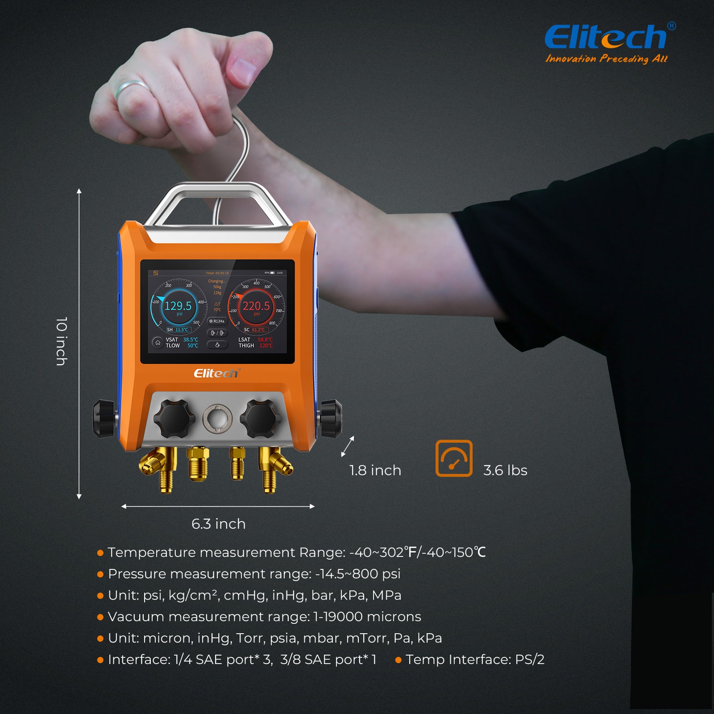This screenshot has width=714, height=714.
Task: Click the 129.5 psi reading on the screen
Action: [178, 306]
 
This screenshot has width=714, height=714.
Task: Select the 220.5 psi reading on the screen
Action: [256, 306]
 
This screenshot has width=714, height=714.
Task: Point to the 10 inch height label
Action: [62, 341]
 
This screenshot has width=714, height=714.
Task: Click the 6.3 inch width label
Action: [218, 524]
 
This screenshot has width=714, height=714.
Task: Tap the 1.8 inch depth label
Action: [375, 470]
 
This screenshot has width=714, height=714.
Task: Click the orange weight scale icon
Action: [454, 458]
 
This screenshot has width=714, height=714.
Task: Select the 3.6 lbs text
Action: [505, 470]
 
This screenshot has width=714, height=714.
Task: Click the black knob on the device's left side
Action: [103, 419]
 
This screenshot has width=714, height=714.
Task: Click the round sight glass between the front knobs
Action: [218, 419]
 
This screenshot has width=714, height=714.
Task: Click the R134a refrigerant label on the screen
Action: [217, 321]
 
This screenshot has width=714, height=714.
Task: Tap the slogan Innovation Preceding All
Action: [606, 59]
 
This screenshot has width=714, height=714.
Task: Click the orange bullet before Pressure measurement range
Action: [100, 574]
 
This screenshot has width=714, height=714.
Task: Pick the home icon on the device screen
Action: [158, 343]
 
